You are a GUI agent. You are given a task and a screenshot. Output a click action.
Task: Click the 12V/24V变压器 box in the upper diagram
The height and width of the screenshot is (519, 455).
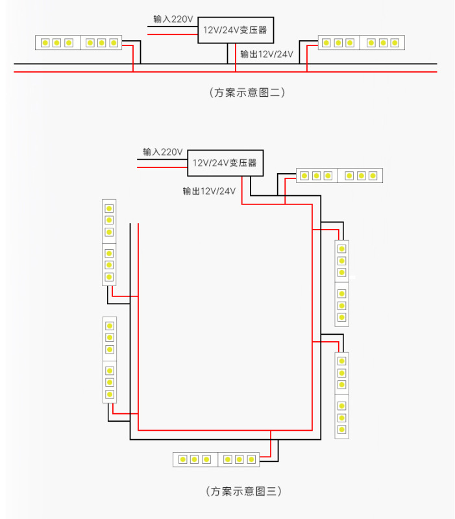(236, 30)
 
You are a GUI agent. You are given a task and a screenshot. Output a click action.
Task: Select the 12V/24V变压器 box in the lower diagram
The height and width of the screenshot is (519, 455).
(225, 163)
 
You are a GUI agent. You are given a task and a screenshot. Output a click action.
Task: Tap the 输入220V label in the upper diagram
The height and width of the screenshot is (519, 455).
(173, 19)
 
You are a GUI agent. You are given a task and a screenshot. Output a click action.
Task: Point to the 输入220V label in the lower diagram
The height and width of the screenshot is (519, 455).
(163, 152)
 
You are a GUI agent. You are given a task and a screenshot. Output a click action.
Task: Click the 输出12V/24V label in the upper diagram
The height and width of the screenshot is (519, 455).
(267, 54)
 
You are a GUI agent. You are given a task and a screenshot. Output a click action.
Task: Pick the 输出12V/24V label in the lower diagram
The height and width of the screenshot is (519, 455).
(209, 191)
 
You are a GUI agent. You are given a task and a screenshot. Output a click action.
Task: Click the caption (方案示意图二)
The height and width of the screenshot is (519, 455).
(247, 92)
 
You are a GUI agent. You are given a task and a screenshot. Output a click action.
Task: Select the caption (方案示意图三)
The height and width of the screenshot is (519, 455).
(243, 491)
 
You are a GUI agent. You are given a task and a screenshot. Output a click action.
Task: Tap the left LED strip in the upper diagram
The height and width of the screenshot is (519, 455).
(79, 43)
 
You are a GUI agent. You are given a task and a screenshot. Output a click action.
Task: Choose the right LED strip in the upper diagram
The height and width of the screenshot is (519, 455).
(362, 42)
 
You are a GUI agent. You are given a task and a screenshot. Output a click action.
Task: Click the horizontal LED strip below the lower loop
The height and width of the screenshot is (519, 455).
(216, 459)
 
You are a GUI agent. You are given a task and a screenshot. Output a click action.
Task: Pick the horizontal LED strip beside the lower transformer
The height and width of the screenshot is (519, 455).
(339, 175)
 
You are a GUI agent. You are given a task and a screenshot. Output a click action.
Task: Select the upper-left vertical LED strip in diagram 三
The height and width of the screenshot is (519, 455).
(109, 243)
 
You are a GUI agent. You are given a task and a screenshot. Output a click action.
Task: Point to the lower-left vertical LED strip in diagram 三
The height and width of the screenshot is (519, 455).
(110, 360)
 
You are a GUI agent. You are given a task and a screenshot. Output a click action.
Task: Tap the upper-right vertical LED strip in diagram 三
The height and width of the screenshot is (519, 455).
(342, 284)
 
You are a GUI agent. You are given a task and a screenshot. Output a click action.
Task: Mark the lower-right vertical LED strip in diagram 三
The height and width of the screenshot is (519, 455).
(342, 396)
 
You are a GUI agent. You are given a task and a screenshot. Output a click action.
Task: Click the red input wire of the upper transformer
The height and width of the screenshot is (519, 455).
(173, 34)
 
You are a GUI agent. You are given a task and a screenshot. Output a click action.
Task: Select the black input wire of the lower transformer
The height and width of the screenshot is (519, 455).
(162, 159)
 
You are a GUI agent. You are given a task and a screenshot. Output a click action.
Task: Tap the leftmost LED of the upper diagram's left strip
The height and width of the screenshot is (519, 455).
(45, 43)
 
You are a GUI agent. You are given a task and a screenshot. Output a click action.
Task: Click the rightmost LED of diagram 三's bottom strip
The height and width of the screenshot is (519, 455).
(251, 459)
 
